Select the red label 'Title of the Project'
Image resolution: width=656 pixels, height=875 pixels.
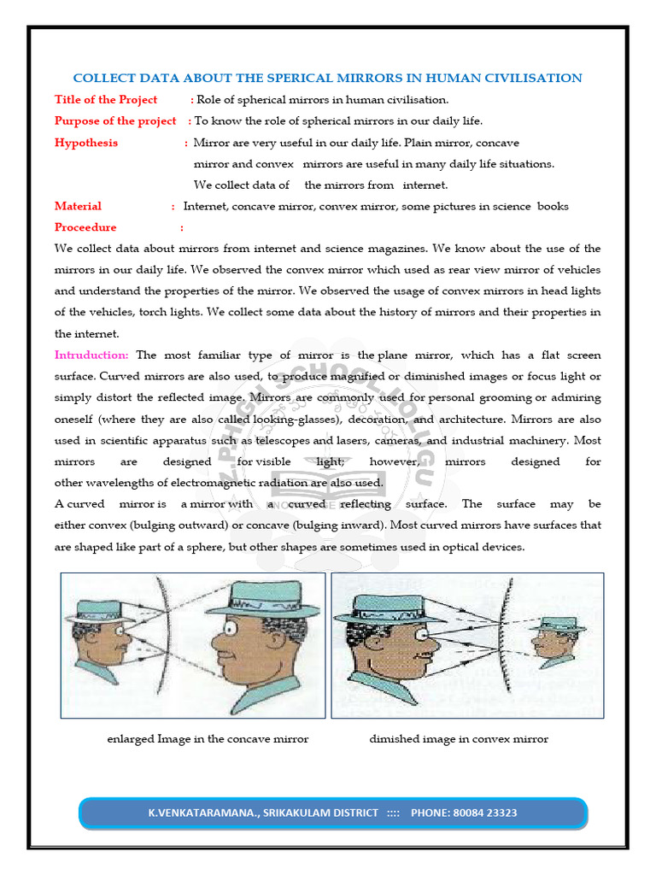pyautogui.click(x=106, y=100)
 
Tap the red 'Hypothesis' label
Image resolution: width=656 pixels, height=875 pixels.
pyautogui.click(x=86, y=143)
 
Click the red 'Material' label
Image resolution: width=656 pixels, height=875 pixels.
pyautogui.click(x=78, y=206)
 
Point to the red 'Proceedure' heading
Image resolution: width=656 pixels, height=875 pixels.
pyautogui.click(x=85, y=227)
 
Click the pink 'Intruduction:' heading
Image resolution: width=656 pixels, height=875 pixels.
pyautogui.click(x=91, y=355)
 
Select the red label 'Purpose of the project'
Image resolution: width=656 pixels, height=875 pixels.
pyautogui.click(x=115, y=121)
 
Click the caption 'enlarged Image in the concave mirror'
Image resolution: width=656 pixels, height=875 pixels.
pyautogui.click(x=208, y=738)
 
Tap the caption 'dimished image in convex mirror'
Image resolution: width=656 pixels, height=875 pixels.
pyautogui.click(x=459, y=738)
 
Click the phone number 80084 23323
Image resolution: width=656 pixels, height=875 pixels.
pyautogui.click(x=484, y=813)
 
